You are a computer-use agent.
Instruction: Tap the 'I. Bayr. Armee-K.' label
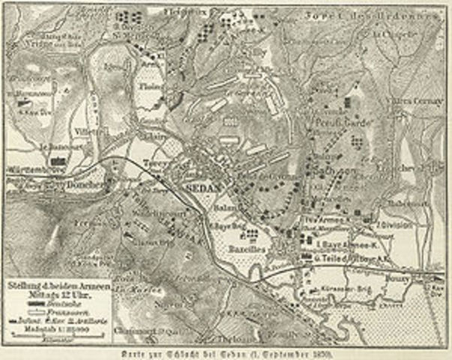tap(343, 244)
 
